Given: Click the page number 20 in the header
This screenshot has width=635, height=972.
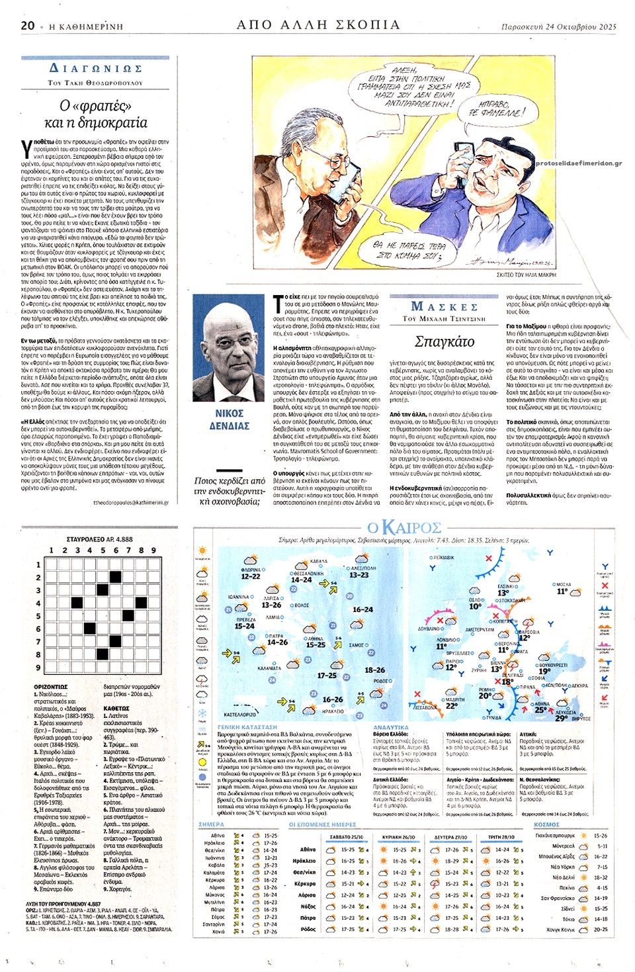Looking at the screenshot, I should click(x=27, y=26).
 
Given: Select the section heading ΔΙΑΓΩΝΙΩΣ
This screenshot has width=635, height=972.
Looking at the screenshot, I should click(x=95, y=69).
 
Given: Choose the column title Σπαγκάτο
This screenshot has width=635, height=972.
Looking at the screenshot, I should click(x=444, y=341).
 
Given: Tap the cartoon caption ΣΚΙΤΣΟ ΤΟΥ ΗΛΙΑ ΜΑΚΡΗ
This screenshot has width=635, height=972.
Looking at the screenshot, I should click(x=526, y=273).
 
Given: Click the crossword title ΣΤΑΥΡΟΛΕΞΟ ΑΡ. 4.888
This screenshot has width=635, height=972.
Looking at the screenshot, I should click(x=99, y=539).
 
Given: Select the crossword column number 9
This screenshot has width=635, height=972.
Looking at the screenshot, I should click(x=154, y=551).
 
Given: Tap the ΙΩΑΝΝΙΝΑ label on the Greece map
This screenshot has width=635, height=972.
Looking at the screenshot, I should click(x=238, y=597).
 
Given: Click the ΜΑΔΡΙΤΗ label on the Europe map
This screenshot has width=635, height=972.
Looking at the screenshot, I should click(x=454, y=699).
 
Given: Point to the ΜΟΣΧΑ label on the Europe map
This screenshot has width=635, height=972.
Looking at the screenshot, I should click(x=563, y=585).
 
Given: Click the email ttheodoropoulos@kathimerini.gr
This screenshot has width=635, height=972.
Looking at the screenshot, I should click(x=130, y=502).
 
